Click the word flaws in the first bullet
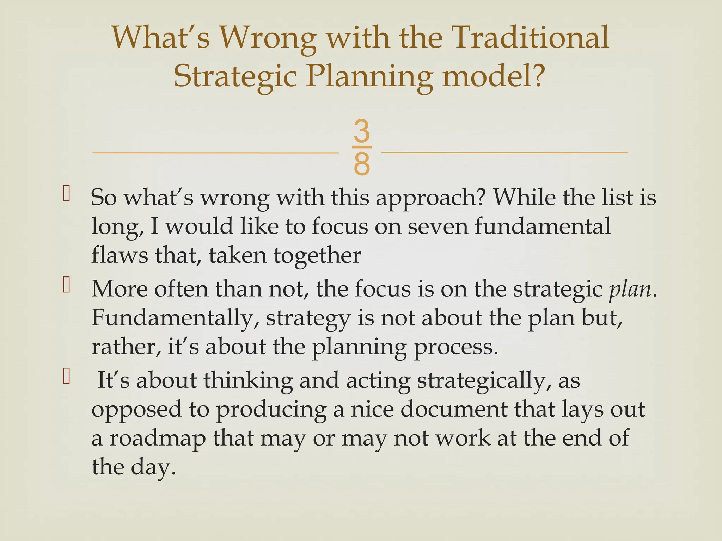coord(120,255)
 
